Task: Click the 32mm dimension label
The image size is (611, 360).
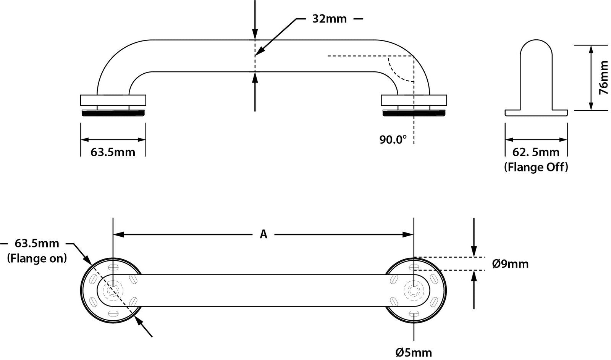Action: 329,19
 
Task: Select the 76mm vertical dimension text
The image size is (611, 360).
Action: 603,78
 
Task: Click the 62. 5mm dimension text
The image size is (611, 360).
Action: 536,152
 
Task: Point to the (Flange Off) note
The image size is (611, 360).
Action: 536,167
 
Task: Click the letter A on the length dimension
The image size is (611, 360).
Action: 263,234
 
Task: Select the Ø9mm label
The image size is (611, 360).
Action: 510,264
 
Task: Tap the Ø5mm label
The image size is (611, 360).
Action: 414,352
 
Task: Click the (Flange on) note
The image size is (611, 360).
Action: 37,258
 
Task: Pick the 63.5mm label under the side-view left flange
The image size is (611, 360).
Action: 113,152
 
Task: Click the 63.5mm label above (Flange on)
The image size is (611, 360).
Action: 37,243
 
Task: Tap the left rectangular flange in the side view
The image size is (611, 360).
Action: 113,100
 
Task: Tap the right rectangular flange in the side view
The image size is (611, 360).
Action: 414,100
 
